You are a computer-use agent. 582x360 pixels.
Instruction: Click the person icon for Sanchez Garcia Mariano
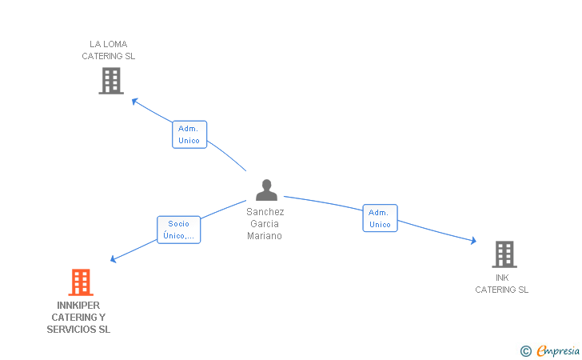click(x=266, y=190)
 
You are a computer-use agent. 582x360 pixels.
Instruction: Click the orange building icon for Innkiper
click(x=80, y=282)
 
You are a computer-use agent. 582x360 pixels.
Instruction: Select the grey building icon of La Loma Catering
click(x=111, y=80)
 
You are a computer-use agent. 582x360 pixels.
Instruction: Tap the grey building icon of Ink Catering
click(x=504, y=254)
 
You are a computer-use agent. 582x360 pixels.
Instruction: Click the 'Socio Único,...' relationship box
click(x=178, y=230)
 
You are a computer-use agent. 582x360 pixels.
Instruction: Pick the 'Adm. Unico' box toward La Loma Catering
click(x=189, y=134)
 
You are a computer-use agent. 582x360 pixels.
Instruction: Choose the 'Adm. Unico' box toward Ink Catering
click(x=380, y=218)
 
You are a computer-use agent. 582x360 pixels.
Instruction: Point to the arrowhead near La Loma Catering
click(x=135, y=101)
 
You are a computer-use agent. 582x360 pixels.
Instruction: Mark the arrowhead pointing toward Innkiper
click(x=114, y=259)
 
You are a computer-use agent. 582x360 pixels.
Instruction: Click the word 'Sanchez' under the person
click(x=265, y=212)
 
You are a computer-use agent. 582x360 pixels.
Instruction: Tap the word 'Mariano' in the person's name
click(x=265, y=236)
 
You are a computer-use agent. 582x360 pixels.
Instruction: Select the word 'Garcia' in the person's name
click(x=265, y=224)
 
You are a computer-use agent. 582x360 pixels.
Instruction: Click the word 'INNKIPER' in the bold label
click(x=79, y=305)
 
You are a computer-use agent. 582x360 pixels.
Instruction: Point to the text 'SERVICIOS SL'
click(x=78, y=330)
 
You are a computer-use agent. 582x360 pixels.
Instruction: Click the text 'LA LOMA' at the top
click(x=109, y=44)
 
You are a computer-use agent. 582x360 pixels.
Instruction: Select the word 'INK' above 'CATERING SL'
click(x=502, y=278)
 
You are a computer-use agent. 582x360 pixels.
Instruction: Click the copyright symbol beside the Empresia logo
click(x=525, y=350)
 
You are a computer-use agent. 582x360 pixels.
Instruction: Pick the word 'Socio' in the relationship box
click(x=178, y=224)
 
